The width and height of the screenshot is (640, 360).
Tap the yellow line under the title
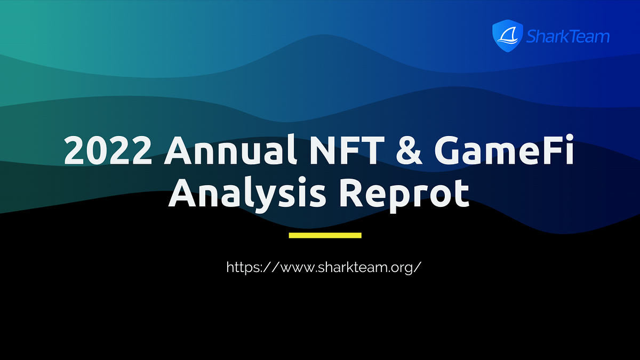[x=325, y=235]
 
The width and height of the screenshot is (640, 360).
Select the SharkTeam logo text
[x=567, y=36]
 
